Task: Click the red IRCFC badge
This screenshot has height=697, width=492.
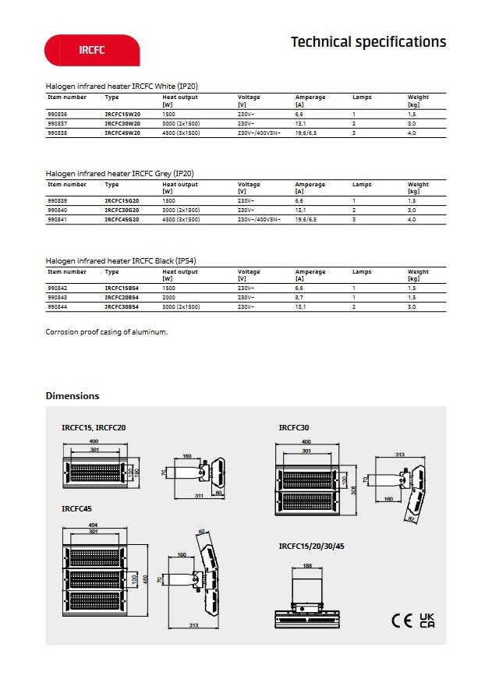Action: [x=92, y=50]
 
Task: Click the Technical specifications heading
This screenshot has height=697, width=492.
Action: [x=368, y=42]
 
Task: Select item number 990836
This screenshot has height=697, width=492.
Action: [x=57, y=114]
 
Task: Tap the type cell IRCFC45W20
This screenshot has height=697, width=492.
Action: [x=122, y=133]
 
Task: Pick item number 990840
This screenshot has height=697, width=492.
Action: [x=57, y=211]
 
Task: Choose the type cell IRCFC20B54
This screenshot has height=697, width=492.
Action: [x=122, y=297]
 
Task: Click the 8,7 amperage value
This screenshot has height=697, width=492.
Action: [x=299, y=297]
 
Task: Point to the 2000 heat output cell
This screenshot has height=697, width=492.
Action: [x=168, y=297]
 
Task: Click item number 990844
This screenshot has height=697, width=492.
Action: [x=57, y=307]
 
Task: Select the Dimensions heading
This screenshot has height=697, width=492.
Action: [x=73, y=396]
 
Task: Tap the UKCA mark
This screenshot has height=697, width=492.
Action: [x=427, y=621]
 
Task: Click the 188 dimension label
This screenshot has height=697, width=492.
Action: [x=307, y=565]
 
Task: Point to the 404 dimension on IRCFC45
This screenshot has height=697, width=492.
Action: [x=94, y=525]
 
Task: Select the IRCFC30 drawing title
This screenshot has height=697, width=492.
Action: [x=294, y=428]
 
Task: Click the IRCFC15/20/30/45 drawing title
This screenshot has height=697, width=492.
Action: [x=311, y=547]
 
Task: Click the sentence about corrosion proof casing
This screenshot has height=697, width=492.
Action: [x=107, y=332]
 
